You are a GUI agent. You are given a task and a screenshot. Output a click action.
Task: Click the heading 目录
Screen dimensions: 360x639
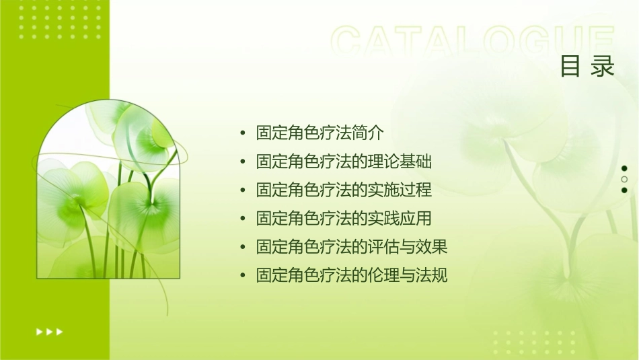(x=587, y=67)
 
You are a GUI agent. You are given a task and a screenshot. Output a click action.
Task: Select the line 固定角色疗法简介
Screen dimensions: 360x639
(x=320, y=133)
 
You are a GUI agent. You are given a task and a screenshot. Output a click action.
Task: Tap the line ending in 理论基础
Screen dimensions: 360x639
(x=344, y=161)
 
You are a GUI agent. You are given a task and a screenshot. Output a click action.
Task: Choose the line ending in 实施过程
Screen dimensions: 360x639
(x=344, y=190)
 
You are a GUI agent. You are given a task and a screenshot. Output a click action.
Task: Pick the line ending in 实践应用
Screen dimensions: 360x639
(x=344, y=218)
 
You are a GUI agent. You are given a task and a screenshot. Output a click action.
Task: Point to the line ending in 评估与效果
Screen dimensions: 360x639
(x=352, y=247)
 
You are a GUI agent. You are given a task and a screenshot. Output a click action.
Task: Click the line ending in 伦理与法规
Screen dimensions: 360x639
(x=352, y=275)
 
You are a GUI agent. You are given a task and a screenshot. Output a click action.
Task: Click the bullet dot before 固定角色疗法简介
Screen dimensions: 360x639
(x=243, y=133)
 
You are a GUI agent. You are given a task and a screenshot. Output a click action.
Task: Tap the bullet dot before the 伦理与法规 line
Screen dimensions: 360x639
(x=243, y=276)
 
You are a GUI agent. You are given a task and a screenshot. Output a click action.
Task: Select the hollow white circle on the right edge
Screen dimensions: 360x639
(x=624, y=180)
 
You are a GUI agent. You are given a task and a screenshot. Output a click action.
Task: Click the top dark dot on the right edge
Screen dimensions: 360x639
(x=624, y=168)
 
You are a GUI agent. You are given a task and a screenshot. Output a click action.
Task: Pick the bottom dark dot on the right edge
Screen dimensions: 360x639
(x=624, y=190)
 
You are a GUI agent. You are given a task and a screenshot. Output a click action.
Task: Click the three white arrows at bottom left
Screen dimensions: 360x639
(x=49, y=332)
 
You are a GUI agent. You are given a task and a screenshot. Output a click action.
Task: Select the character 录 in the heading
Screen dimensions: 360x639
(x=603, y=67)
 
